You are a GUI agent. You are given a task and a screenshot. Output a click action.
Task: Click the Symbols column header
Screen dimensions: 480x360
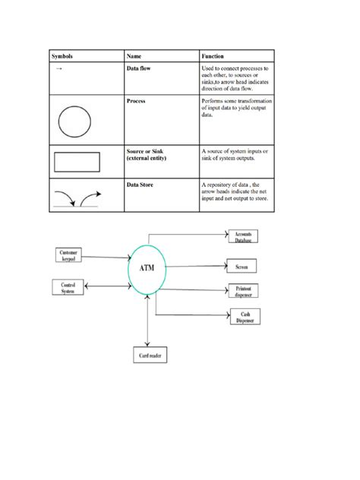click(x=63, y=56)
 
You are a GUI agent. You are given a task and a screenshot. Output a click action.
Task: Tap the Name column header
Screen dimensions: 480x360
click(x=135, y=56)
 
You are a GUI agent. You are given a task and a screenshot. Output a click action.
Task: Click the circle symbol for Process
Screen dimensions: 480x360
click(x=74, y=120)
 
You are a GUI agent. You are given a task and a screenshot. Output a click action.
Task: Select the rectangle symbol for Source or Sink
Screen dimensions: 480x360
click(x=77, y=162)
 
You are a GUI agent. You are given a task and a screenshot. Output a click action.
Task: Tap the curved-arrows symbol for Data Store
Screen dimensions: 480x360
click(x=77, y=199)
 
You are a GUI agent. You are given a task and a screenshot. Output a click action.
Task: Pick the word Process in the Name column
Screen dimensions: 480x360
click(x=137, y=100)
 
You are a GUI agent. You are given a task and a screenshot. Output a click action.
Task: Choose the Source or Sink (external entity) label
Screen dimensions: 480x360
click(x=147, y=155)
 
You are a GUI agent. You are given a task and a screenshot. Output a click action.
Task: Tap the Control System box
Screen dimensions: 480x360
click(x=67, y=286)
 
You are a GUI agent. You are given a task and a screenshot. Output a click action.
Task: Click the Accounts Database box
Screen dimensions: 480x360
click(x=243, y=236)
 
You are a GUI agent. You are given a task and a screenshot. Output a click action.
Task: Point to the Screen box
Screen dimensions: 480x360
click(x=242, y=267)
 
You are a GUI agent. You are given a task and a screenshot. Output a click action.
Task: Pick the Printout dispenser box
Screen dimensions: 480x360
click(x=242, y=292)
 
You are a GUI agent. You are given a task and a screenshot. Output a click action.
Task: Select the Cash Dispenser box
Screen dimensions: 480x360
click(x=245, y=317)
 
